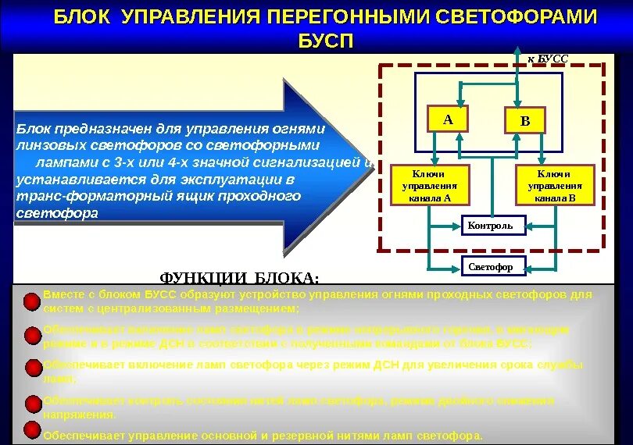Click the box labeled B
tap(524, 121)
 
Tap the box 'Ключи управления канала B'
tap(554, 186)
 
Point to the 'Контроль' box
tap(490, 226)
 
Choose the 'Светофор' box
tap(490, 267)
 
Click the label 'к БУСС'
tap(548, 59)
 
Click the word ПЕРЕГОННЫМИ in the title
tap(341, 17)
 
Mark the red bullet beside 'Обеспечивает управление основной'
tap(30, 430)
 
